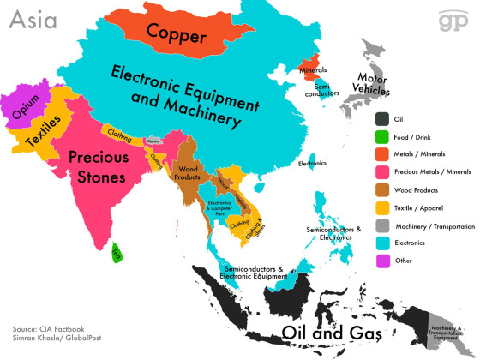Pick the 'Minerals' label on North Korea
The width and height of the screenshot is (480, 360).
pos(312,69)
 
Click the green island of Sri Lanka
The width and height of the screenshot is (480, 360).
pos(117,251)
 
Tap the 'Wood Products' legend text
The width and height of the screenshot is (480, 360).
pos(421,189)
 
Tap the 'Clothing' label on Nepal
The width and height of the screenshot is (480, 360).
pos(117,133)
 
